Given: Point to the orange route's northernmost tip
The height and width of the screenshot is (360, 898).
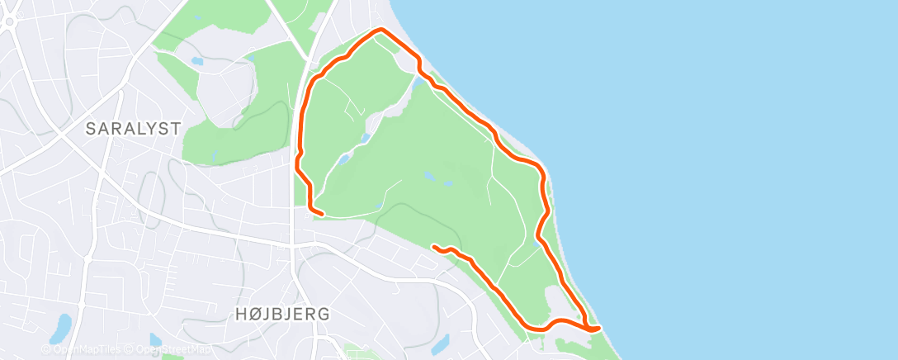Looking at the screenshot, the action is (x=380, y=30).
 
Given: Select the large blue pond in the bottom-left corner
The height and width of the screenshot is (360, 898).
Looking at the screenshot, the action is (x=60, y=329).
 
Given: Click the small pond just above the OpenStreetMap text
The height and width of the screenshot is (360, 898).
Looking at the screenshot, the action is (x=155, y=339).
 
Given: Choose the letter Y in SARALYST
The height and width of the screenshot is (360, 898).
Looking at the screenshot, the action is (x=147, y=129).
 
